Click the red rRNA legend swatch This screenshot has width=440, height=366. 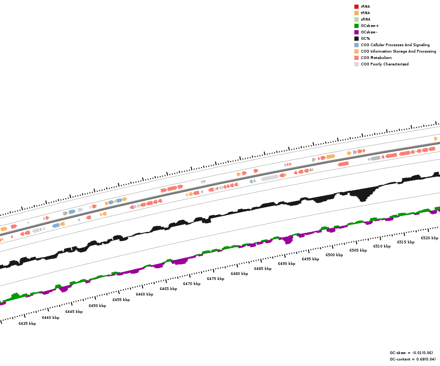tap(356, 6)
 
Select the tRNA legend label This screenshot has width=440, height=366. tap(365, 13)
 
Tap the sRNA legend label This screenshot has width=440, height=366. tap(365, 19)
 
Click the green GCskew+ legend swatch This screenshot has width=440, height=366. tap(356, 26)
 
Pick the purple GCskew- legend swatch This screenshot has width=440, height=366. tap(356, 32)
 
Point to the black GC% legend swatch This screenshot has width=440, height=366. tap(356, 38)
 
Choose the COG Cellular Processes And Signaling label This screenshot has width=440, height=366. tap(395, 45)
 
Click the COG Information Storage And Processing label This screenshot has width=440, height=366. tap(398, 51)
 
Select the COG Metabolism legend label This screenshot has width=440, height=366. tap(376, 58)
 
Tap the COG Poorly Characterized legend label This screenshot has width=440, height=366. tap(385, 64)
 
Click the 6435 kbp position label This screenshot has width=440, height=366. tap(27, 323)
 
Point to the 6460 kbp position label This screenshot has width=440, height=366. tap(144, 294)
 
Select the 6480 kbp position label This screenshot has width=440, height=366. tap(239, 274)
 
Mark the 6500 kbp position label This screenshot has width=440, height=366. tap(334, 255)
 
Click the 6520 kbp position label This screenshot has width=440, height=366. tap(429, 238)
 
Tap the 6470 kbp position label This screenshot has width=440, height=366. tap(192, 284)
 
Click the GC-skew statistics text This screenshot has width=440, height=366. tap(411, 353)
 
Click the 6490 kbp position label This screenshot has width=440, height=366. tap(286, 264)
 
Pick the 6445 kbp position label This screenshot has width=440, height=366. tap(74, 312)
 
